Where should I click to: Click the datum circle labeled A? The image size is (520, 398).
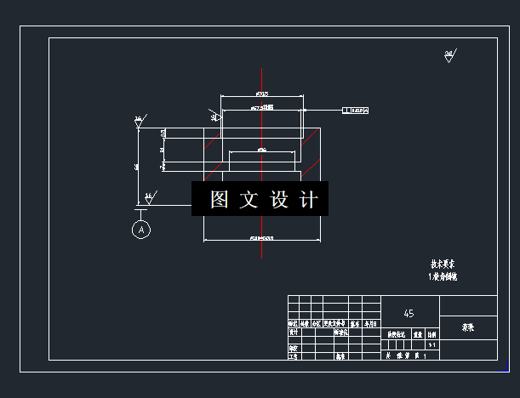coord(141,229)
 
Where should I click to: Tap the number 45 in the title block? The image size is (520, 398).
coord(409,313)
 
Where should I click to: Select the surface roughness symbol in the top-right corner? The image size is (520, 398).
coord(449,56)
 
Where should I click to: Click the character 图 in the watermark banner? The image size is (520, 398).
coord(220,200)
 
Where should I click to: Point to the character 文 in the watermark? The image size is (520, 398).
coord(249,200)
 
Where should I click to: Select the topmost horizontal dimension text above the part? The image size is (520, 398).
coord(262,93)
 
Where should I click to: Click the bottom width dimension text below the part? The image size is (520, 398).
coord(262,239)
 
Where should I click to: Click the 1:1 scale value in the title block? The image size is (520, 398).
coord(431,345)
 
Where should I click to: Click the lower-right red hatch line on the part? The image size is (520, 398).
coord(312,162)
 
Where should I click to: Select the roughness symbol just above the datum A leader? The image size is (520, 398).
coord(148,198)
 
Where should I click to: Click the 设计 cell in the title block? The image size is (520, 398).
coord(294,333)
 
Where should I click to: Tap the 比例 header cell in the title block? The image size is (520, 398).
coord(431,335)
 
